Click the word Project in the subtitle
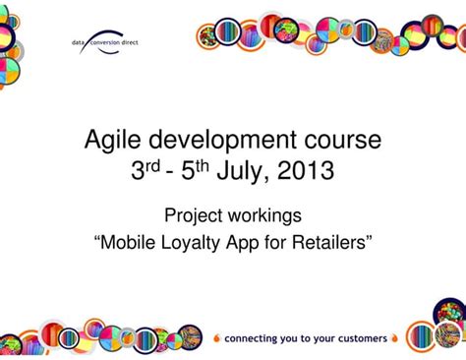(x=193, y=214)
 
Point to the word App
(x=250, y=242)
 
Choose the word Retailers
(x=331, y=242)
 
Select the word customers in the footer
(x=357, y=339)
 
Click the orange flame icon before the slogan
(x=216, y=338)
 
